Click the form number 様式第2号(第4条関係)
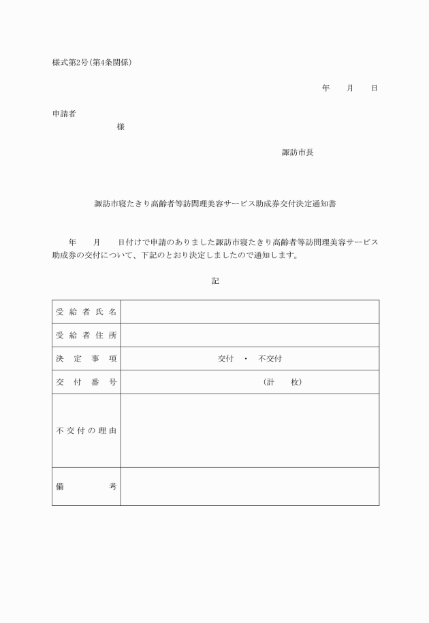point(92,63)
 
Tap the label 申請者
point(64,114)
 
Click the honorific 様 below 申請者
point(121,127)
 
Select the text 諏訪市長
point(298,153)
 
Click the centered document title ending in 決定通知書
point(215,203)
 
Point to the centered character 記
point(215,281)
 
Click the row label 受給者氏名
point(86,312)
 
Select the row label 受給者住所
point(86,335)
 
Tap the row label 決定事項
point(86,358)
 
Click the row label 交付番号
point(86,382)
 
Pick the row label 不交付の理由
point(86,430)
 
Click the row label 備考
point(86,486)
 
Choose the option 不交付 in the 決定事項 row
point(270,359)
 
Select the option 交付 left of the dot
point(225,359)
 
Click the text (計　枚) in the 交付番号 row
point(282,382)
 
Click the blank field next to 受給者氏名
point(249,312)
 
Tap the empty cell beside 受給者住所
point(249,335)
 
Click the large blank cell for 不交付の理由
point(249,430)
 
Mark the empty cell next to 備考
point(249,486)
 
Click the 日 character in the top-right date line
point(374,89)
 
